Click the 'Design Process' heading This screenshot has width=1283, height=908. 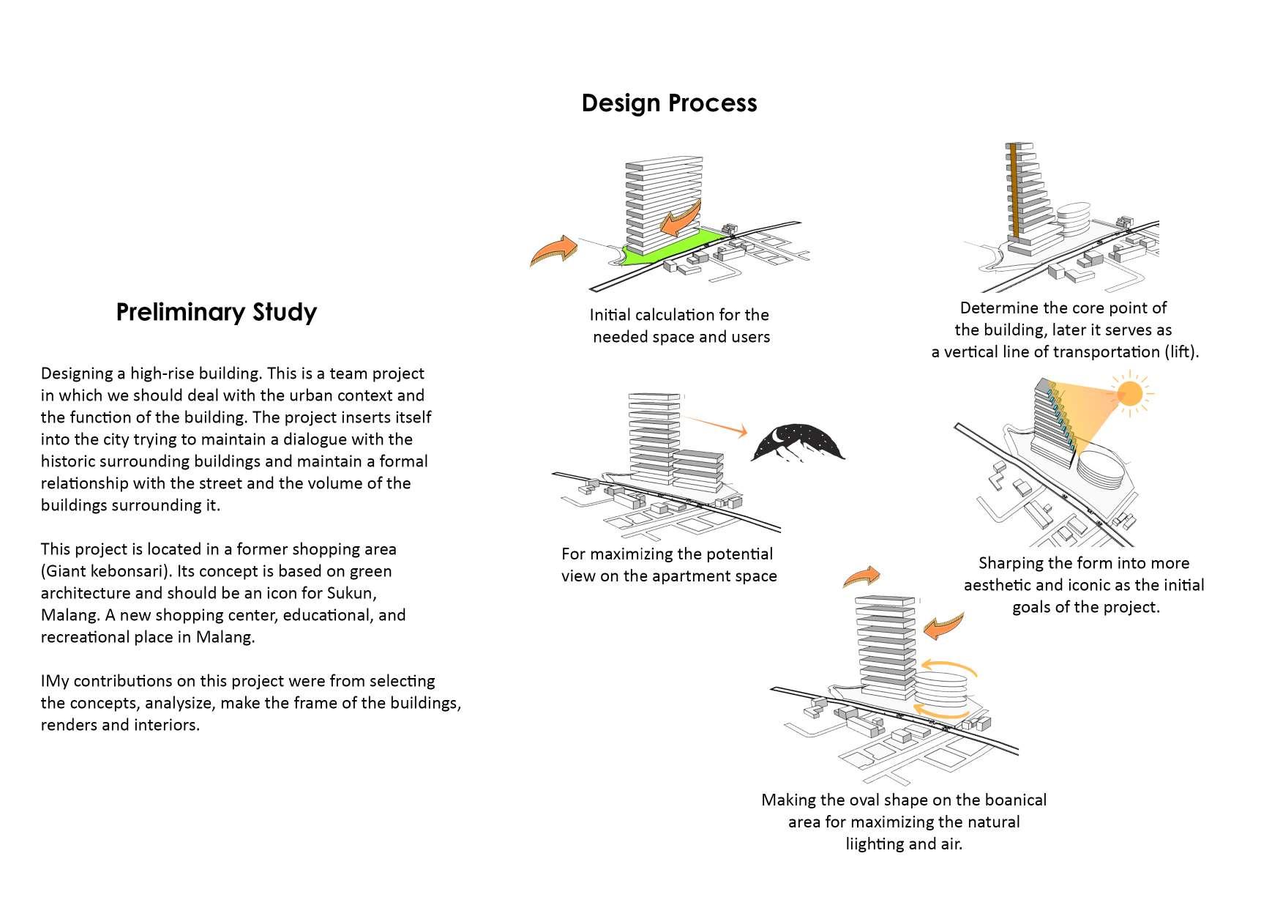(669, 103)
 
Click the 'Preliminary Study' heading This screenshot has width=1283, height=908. (216, 312)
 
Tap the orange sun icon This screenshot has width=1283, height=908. (1129, 395)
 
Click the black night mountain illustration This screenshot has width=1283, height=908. (798, 442)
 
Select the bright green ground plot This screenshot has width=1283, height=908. (673, 248)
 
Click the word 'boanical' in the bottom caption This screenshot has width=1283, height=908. (1012, 800)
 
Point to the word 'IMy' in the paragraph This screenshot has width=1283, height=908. (55, 681)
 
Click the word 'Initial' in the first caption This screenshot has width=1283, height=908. (610, 315)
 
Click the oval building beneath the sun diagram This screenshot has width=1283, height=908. (1104, 476)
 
